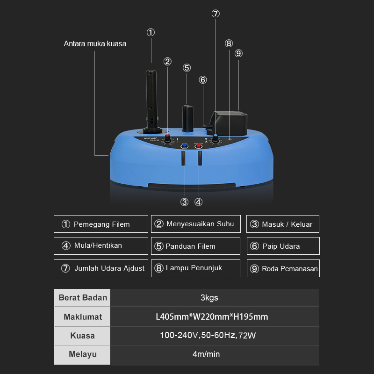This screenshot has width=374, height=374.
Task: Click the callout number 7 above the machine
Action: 216,14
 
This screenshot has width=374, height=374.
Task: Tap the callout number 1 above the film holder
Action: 151,32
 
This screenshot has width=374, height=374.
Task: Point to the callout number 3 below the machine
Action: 184,202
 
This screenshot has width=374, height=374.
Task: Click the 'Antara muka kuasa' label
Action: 95,43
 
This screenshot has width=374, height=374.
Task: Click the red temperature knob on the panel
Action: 167,138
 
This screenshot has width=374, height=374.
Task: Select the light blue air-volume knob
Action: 215,138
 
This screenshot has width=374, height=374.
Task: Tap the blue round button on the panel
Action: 184,145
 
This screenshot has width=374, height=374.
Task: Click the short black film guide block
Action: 188,119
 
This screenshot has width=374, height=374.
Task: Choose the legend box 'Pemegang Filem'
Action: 101,224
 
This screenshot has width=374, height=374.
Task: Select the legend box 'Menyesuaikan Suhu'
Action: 196,224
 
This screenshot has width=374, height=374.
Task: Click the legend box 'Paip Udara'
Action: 283,246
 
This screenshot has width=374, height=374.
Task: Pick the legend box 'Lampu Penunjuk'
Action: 195,268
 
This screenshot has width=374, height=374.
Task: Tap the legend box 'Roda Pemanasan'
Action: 283,268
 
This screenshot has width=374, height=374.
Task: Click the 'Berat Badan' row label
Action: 83,298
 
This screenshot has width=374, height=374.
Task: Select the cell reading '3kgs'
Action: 215,298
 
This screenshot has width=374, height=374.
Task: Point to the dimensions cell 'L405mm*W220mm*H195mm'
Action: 215,316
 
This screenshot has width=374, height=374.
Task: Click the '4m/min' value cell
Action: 215,355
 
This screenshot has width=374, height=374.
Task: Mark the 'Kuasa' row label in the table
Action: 83,336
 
